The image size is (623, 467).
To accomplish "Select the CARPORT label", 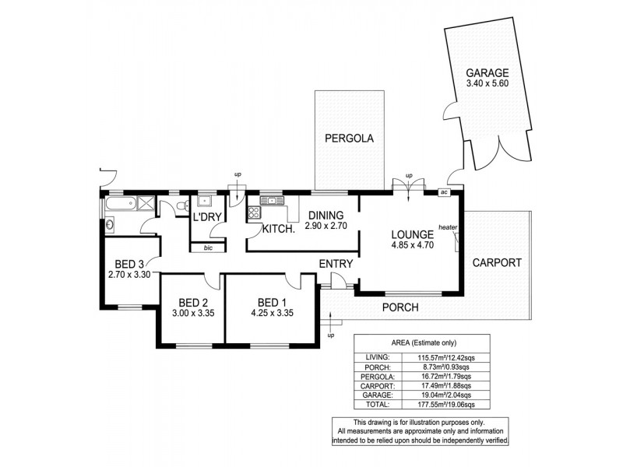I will coord(495,262).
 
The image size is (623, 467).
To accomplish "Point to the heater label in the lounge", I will coord(448,227).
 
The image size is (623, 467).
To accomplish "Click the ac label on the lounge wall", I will coord(444,192).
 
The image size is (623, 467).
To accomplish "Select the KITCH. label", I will coord(277,229).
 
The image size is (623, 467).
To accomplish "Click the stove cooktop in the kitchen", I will coord(254,212).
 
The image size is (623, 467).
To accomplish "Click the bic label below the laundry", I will coord(207,248).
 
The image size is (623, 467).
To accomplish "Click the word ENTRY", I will coord(336,264).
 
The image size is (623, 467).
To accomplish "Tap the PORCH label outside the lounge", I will coord(399,307).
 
